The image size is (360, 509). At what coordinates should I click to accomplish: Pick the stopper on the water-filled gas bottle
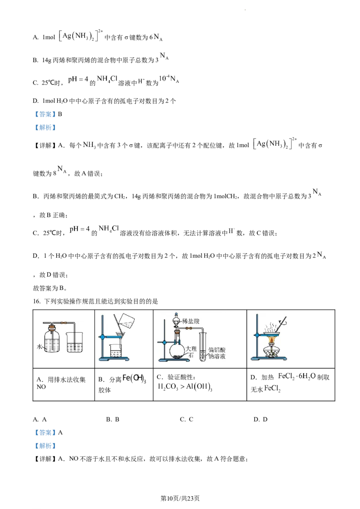(x=54, y=327)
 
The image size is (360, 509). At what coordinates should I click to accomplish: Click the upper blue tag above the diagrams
(x=45, y=114)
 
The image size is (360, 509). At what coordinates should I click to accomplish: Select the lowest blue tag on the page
(x=45, y=446)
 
